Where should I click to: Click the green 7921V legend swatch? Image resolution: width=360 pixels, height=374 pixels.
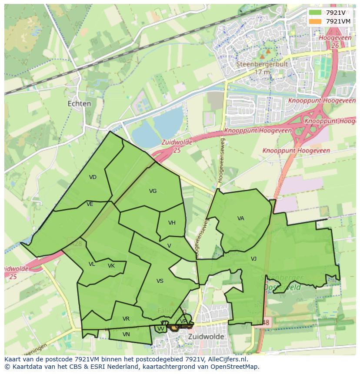(x=316, y=13)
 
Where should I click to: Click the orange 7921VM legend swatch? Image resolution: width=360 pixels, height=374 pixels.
(x=316, y=21)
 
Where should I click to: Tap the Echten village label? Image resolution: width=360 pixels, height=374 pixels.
(x=80, y=104)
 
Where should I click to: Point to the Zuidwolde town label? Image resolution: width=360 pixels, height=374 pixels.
(x=206, y=337)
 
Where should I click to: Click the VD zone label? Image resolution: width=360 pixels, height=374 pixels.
(x=93, y=177)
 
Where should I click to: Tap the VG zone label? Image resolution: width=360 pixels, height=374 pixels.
(x=153, y=191)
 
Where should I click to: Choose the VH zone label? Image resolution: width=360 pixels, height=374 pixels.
(x=172, y=223)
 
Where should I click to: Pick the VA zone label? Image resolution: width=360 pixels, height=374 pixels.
(x=240, y=218)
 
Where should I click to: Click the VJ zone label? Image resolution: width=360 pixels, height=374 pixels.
(x=253, y=259)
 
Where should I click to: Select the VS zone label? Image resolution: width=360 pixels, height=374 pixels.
(x=160, y=281)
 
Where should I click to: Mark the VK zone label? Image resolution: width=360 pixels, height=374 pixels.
(x=111, y=266)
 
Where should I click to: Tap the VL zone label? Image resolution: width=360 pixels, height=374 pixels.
(x=92, y=264)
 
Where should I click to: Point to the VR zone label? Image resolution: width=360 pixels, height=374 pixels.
(x=126, y=319)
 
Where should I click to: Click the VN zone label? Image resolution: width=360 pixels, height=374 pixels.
(x=126, y=334)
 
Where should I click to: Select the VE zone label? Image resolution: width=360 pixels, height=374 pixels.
(x=90, y=204)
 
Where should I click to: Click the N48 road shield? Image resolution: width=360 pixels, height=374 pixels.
(x=265, y=323)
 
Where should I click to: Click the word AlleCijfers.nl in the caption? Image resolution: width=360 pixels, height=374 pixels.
(x=227, y=359)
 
